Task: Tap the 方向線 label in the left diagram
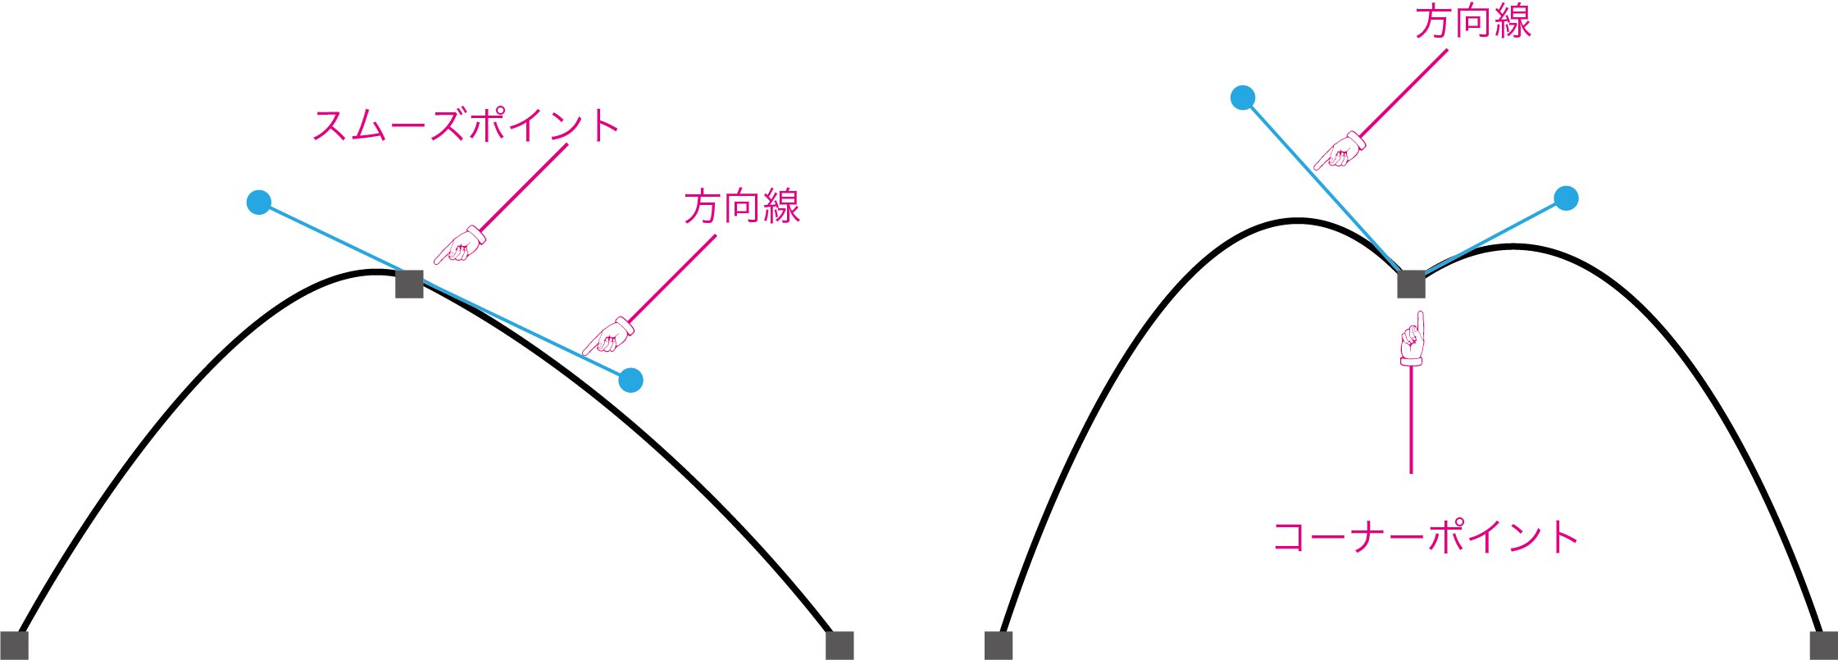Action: [742, 207]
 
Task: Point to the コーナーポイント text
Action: [1426, 538]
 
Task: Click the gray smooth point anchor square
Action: [409, 284]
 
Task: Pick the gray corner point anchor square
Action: [1411, 284]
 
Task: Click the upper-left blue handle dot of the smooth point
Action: [259, 202]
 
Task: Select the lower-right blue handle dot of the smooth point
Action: [630, 380]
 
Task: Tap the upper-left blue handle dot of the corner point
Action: [1243, 98]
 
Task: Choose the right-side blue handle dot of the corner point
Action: [1566, 198]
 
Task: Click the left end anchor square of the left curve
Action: [14, 645]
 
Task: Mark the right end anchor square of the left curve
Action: [839, 645]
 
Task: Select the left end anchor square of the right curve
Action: [999, 645]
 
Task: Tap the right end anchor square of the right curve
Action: [1823, 645]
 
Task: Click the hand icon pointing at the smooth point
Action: [460, 245]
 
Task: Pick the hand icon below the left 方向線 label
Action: [608, 335]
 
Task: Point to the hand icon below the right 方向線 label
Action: [1340, 150]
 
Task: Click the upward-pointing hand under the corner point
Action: [1412, 339]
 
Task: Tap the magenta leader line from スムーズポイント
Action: [525, 187]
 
